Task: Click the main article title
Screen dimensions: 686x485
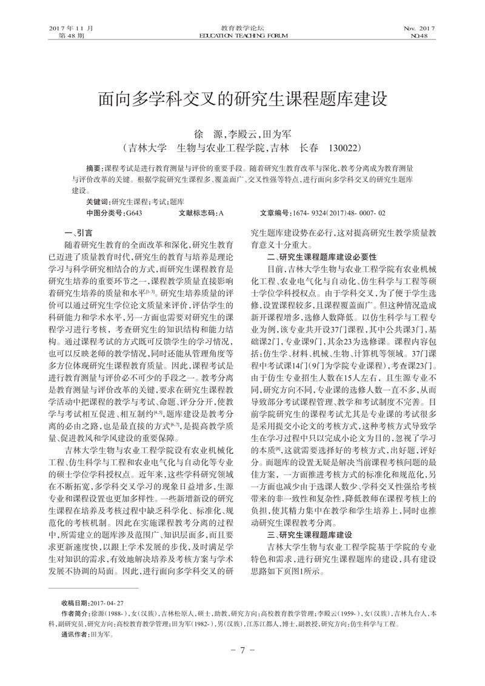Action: coord(242,99)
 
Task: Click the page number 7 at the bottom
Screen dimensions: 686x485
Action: coord(242,667)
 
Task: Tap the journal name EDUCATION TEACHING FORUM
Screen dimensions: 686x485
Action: coord(242,36)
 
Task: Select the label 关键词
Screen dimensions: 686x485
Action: coord(98,201)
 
